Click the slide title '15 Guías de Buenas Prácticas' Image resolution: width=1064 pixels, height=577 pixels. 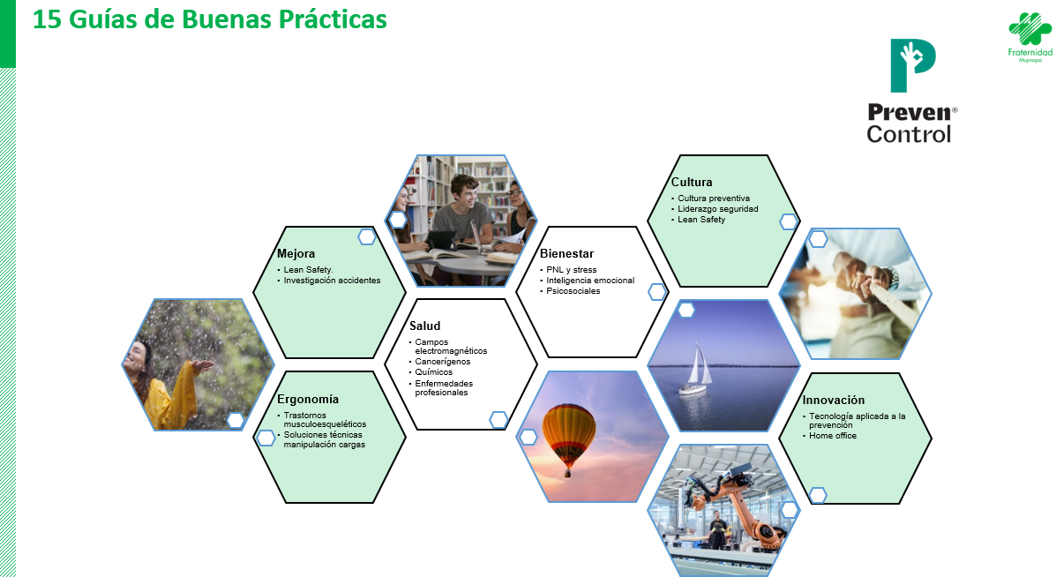click(x=209, y=19)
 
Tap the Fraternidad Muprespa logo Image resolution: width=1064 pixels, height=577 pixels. click(x=1030, y=37)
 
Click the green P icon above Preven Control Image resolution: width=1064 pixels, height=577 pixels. click(x=912, y=65)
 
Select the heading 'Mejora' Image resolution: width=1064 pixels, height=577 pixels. click(x=296, y=253)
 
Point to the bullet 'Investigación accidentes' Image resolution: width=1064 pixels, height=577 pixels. click(x=332, y=281)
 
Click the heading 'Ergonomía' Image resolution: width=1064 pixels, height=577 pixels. click(x=308, y=399)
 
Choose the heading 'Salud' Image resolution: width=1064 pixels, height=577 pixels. click(x=424, y=326)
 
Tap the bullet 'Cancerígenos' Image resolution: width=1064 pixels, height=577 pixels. click(x=443, y=362)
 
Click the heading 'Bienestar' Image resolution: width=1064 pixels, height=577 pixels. click(x=566, y=253)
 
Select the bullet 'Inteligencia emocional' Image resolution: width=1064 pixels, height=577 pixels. click(x=590, y=281)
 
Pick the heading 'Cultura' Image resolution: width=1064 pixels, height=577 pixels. click(x=692, y=182)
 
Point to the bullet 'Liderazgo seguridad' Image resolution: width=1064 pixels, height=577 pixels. click(x=718, y=209)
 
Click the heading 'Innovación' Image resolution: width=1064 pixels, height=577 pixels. click(x=834, y=400)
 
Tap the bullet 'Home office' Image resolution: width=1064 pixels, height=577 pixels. click(x=833, y=436)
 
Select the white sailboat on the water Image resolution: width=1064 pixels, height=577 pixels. click(x=696, y=369)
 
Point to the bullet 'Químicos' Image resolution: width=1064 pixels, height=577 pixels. click(x=434, y=372)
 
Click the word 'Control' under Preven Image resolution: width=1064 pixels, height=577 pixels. click(x=909, y=134)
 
